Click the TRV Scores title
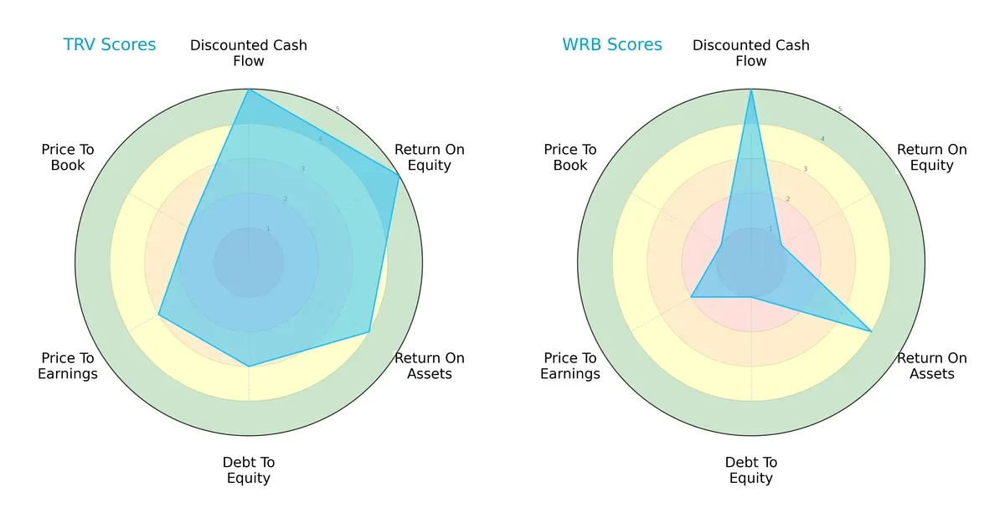tap(110, 44)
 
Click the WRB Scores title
tap(612, 44)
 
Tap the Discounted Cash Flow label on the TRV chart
tap(249, 53)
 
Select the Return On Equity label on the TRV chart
tap(430, 157)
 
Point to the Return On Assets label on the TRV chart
tap(430, 366)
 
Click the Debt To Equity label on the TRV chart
tap(249, 470)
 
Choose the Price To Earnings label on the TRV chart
tap(68, 366)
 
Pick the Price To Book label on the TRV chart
tap(68, 157)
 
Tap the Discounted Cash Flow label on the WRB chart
tap(751, 53)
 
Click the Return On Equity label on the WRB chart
tap(932, 157)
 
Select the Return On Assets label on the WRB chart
tap(932, 366)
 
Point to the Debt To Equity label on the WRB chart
tap(751, 470)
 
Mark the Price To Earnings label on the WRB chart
tap(570, 366)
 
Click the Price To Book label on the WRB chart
tap(570, 157)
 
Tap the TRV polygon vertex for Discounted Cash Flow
tap(249, 90)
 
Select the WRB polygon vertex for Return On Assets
tap(872, 331)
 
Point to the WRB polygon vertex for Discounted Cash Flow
tap(751, 90)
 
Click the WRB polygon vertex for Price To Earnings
tap(691, 297)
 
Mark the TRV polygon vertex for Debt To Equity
tap(249, 367)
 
